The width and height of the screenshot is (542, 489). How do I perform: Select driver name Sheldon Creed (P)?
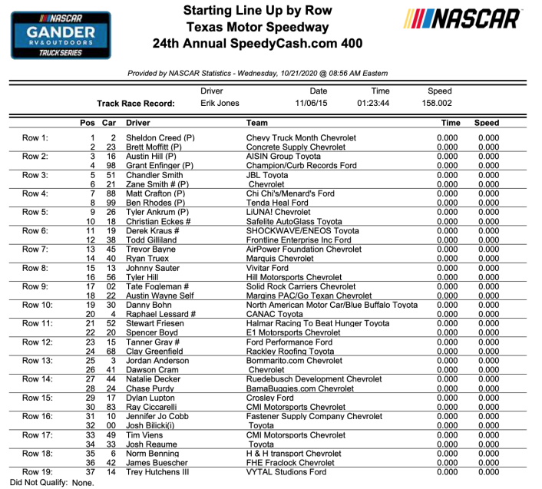click(160, 138)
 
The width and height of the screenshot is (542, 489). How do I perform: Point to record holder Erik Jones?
click(220, 103)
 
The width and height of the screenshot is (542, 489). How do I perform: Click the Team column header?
click(256, 123)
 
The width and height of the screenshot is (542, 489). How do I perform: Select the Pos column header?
click(88, 123)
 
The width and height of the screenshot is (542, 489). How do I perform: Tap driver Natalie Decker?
click(155, 379)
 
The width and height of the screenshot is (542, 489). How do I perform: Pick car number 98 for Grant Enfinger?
click(109, 165)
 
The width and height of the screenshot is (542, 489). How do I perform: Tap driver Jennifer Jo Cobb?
click(160, 416)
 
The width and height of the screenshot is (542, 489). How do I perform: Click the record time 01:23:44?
click(373, 103)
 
